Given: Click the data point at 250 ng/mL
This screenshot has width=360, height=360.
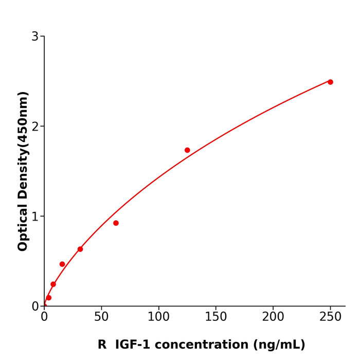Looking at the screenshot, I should [x=330, y=82].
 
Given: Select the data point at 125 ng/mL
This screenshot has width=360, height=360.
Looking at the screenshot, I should [x=187, y=150].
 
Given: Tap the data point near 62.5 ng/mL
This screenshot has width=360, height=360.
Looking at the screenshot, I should [x=116, y=223].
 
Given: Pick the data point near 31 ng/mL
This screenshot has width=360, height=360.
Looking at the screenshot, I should [x=80, y=249].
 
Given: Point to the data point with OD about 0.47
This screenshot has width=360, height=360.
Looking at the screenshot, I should [x=62, y=264].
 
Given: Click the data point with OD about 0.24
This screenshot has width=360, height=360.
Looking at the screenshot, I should [x=53, y=284].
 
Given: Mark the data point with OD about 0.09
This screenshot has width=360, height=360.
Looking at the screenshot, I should [x=49, y=298].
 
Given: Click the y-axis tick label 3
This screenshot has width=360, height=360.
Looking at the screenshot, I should [x=35, y=37].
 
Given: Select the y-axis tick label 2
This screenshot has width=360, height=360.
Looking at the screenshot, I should [x=35, y=127].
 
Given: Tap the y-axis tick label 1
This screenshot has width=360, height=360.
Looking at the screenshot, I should [x=35, y=217].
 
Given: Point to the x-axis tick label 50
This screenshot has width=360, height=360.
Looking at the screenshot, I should [x=101, y=317].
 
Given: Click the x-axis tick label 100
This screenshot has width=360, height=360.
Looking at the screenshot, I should [x=158, y=317].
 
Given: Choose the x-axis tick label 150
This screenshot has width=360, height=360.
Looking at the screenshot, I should [x=215, y=317].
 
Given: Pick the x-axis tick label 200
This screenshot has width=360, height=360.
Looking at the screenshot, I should [x=273, y=317].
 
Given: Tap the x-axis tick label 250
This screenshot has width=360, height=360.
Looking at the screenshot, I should [x=330, y=317].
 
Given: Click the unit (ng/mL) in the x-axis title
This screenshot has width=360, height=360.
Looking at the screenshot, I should [x=278, y=345].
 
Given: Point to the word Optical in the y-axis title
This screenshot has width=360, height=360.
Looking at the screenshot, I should [x=23, y=226].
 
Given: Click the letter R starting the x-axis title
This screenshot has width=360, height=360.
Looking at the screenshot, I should [x=102, y=345].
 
